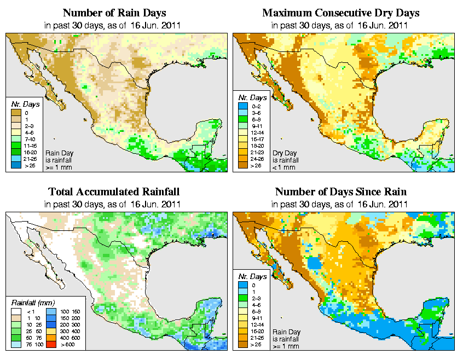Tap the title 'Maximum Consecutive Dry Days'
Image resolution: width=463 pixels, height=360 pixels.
coord(341,13)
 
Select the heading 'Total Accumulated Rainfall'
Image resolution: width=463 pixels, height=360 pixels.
coord(113,192)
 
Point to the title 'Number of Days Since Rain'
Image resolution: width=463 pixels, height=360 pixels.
coord(341,192)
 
